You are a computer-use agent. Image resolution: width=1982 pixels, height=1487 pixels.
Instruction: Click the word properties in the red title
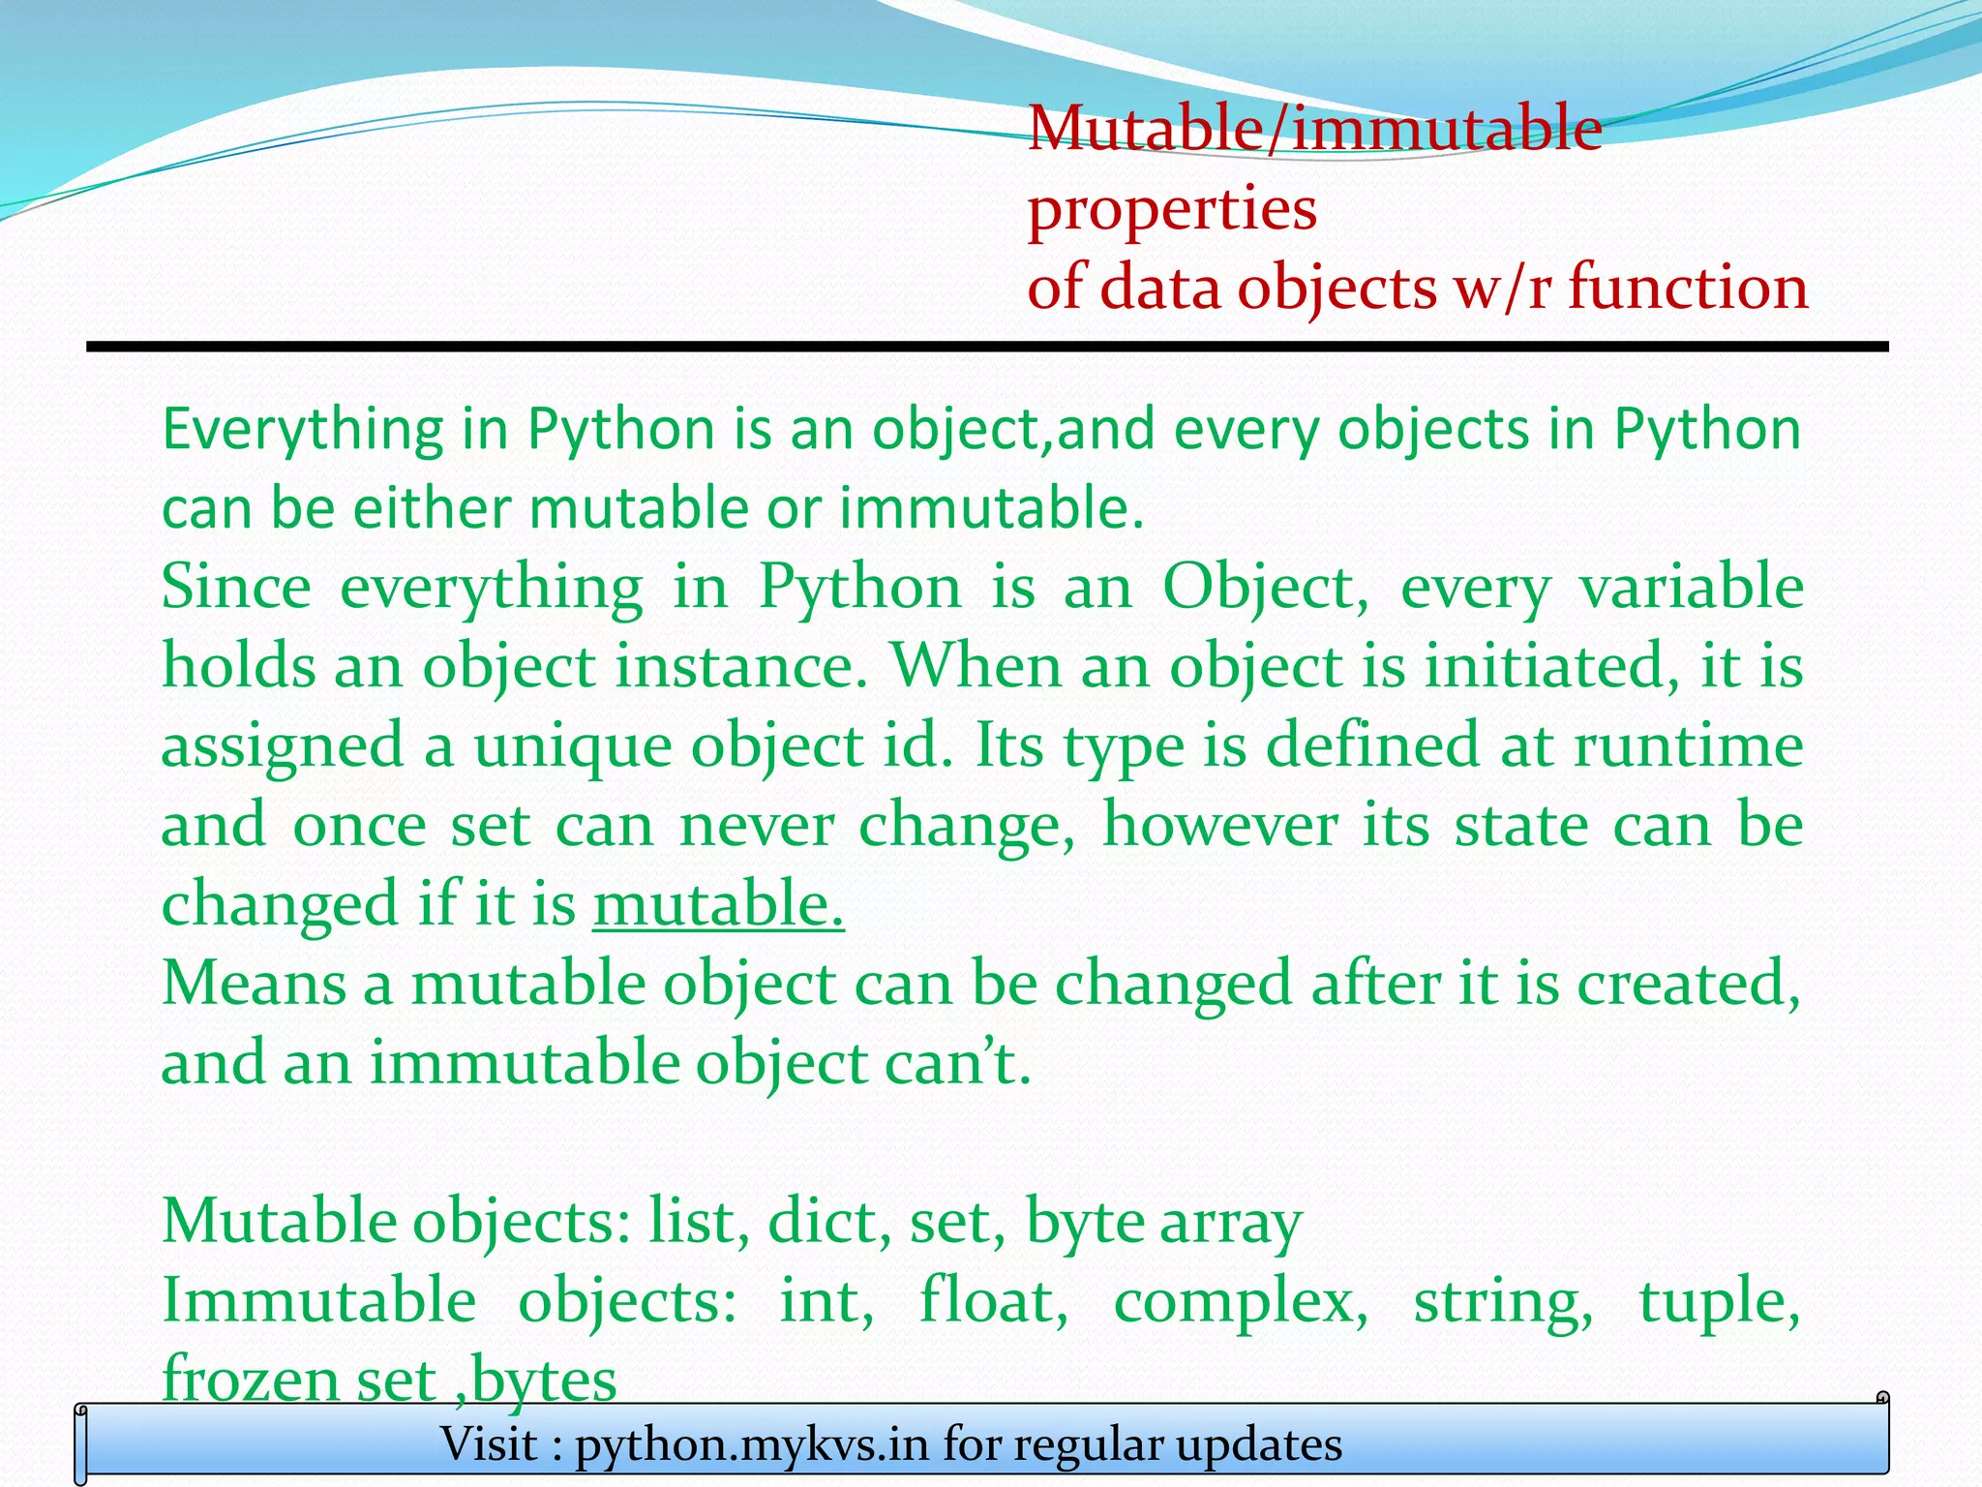click(1171, 210)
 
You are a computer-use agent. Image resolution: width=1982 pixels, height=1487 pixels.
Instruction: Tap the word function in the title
click(1688, 288)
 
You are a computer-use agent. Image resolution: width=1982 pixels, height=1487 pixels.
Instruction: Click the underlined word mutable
click(718, 904)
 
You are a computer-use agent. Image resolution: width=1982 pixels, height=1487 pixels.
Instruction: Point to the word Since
click(236, 587)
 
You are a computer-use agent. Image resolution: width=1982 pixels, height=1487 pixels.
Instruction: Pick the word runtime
click(1688, 746)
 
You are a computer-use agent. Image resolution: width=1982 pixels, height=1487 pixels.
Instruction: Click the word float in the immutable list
click(993, 1300)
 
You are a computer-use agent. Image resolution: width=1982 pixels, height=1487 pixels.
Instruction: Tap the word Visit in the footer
click(489, 1444)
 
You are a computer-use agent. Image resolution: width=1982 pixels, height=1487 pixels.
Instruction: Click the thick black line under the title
click(987, 347)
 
